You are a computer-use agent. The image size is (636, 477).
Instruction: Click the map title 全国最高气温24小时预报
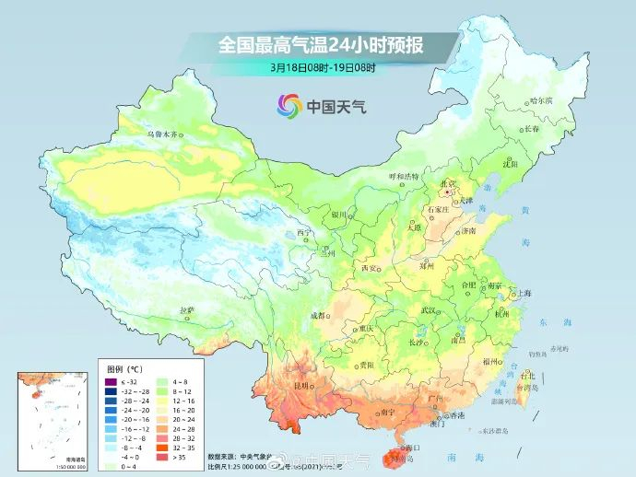tap(320, 44)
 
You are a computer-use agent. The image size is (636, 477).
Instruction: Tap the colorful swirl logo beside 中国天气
tap(289, 106)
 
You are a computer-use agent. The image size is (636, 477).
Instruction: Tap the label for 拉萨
tap(187, 310)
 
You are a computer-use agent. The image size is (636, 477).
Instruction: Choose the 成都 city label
tap(319, 315)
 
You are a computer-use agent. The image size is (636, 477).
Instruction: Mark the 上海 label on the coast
tap(524, 293)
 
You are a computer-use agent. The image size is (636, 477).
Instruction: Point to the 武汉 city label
tap(427, 310)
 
